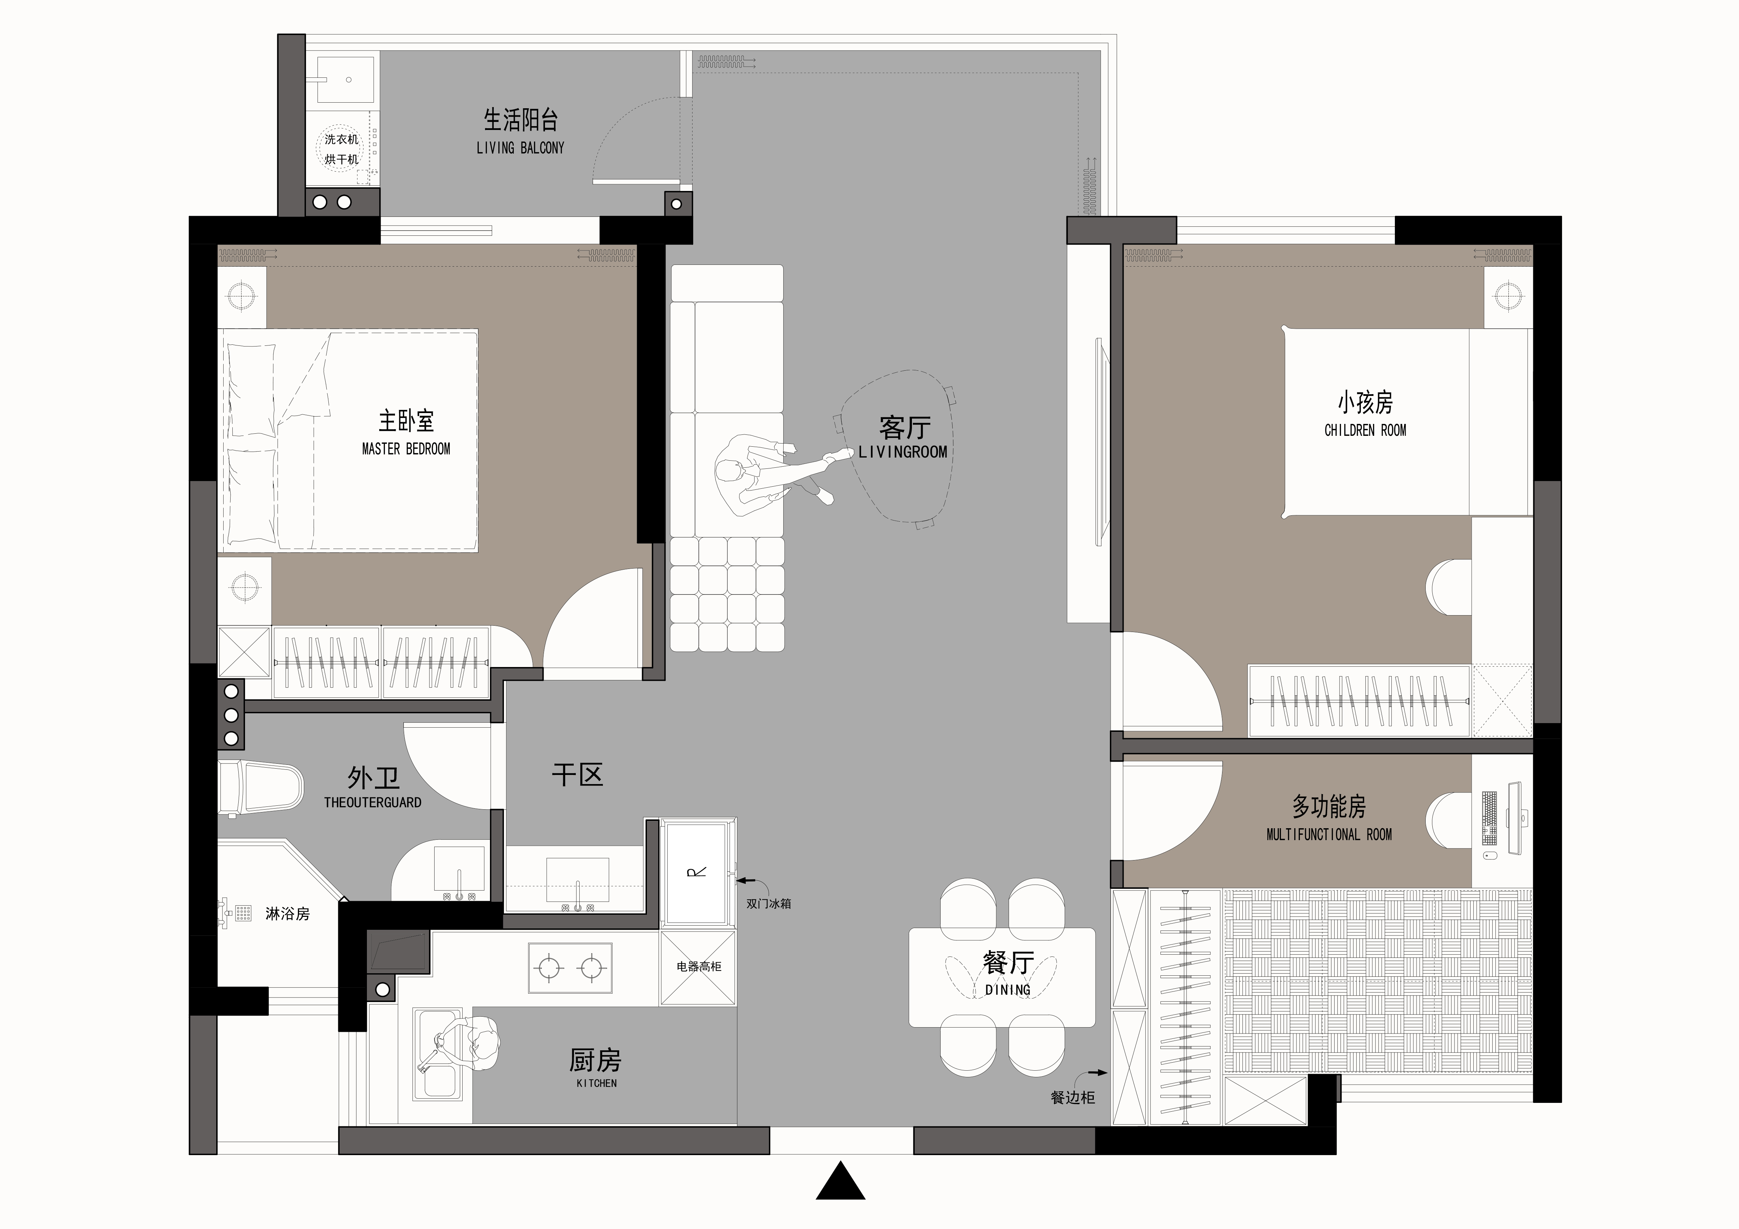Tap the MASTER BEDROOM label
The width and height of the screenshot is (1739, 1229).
click(406, 449)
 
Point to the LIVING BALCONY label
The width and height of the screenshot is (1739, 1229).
click(520, 149)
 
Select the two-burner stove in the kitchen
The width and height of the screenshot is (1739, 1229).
click(570, 967)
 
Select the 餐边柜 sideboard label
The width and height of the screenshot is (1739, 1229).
click(1072, 1097)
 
